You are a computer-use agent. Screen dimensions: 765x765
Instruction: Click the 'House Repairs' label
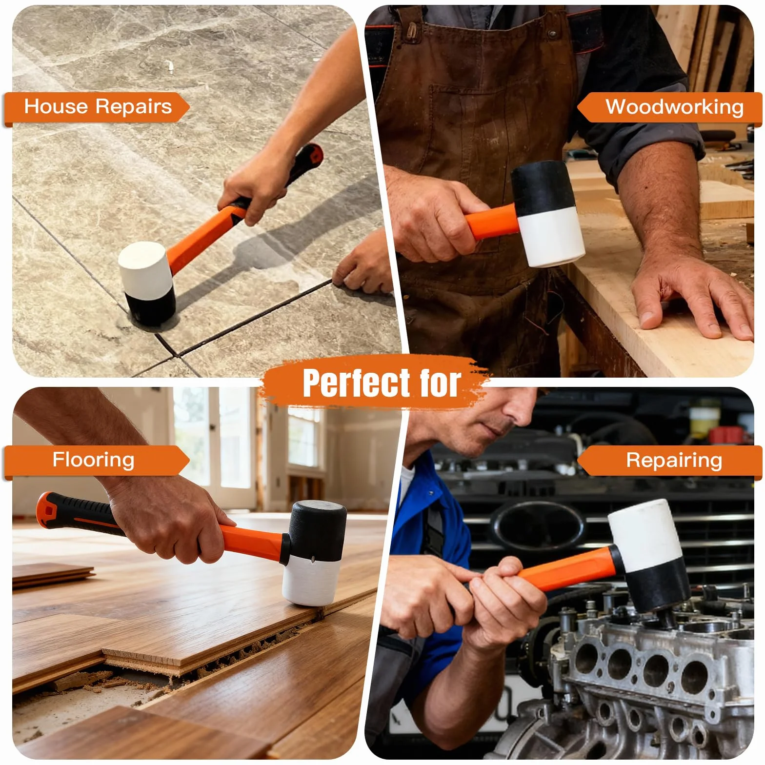(x=98, y=106)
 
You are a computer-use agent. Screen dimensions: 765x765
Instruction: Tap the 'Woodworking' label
(x=674, y=106)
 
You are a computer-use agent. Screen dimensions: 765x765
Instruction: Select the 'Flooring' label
(x=93, y=460)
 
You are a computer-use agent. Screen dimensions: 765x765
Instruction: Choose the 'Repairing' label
(x=674, y=460)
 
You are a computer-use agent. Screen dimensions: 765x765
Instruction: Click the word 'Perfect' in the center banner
(x=357, y=382)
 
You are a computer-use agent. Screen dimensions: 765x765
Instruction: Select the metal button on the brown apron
(x=552, y=34)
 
